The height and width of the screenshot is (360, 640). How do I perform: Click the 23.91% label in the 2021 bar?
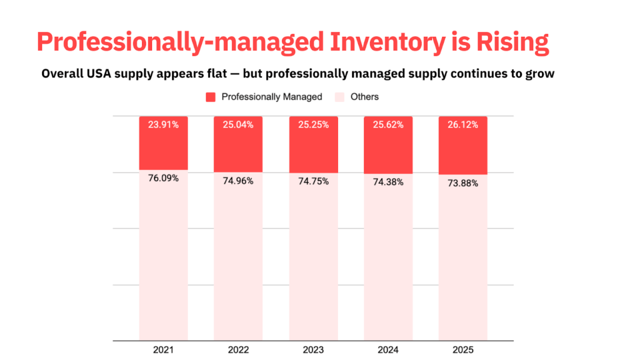tap(163, 124)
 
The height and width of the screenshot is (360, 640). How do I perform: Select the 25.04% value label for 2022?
tap(237, 124)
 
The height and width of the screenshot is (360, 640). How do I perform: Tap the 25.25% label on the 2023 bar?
tap(312, 124)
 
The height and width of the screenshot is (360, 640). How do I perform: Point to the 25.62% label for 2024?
tap(387, 124)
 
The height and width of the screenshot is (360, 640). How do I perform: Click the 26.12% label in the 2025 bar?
tap(462, 124)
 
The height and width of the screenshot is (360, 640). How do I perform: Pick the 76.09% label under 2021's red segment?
tap(163, 178)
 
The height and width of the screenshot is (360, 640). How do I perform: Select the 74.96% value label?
tap(237, 181)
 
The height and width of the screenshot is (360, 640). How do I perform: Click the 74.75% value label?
tap(312, 181)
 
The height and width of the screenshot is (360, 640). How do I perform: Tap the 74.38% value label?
tap(387, 182)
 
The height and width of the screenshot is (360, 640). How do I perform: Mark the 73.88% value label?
tap(462, 183)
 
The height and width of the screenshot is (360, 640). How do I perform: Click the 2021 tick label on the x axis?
tap(163, 350)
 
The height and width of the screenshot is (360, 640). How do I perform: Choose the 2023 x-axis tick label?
tap(312, 350)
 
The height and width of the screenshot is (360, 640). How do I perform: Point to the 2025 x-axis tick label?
tap(462, 350)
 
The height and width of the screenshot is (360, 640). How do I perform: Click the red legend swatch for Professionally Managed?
tap(211, 97)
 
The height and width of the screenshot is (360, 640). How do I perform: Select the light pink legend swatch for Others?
tap(339, 97)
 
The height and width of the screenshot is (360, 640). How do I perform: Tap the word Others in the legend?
tap(364, 97)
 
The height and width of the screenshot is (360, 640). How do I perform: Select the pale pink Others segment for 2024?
tap(387, 262)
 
